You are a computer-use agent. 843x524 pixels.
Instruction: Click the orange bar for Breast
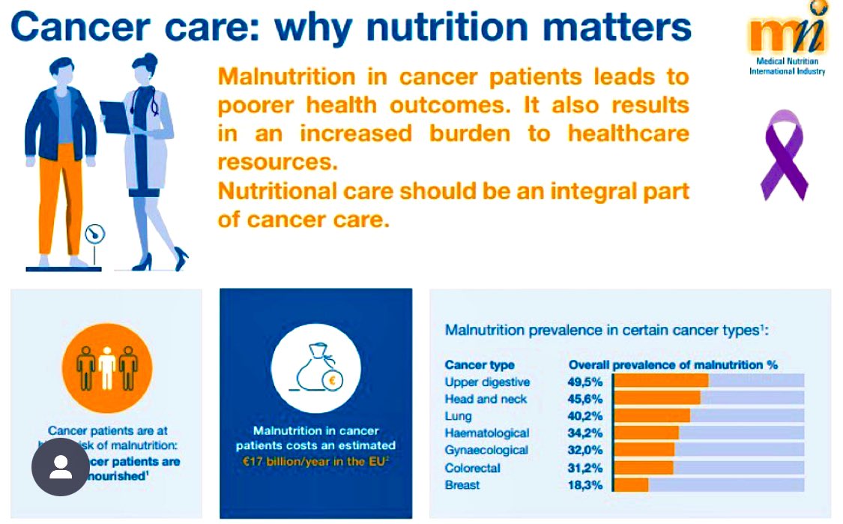(630, 485)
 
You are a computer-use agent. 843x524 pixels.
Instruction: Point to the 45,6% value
(585, 399)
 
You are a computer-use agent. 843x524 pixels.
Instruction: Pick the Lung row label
(458, 416)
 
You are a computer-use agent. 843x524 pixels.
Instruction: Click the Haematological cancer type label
(486, 433)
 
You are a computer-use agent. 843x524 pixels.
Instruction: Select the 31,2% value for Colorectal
(585, 468)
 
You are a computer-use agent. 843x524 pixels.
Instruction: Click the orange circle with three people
(106, 368)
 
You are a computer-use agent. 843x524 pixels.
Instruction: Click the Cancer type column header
(480, 365)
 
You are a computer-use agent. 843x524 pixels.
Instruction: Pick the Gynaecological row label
(486, 451)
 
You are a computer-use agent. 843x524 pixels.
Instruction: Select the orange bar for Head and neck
(656, 399)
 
